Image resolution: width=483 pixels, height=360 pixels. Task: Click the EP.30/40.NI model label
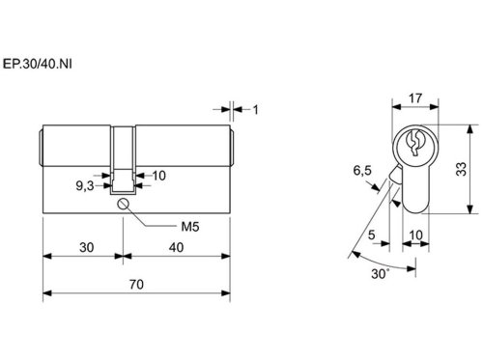coord(38,64)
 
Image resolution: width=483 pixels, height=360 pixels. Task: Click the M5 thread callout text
coord(190,227)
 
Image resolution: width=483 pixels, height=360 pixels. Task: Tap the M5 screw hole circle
coord(123,204)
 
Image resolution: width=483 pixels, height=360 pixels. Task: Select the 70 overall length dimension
coord(136,285)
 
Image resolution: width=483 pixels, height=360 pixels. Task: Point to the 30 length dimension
coord(87,247)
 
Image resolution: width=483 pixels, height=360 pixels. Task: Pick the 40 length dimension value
coord(176,247)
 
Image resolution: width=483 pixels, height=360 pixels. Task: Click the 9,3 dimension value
coord(85,186)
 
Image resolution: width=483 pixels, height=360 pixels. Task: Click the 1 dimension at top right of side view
coord(256,110)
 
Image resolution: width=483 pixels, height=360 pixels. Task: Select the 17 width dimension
coord(415,98)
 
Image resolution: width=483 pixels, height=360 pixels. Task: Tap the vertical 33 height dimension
coord(462,169)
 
